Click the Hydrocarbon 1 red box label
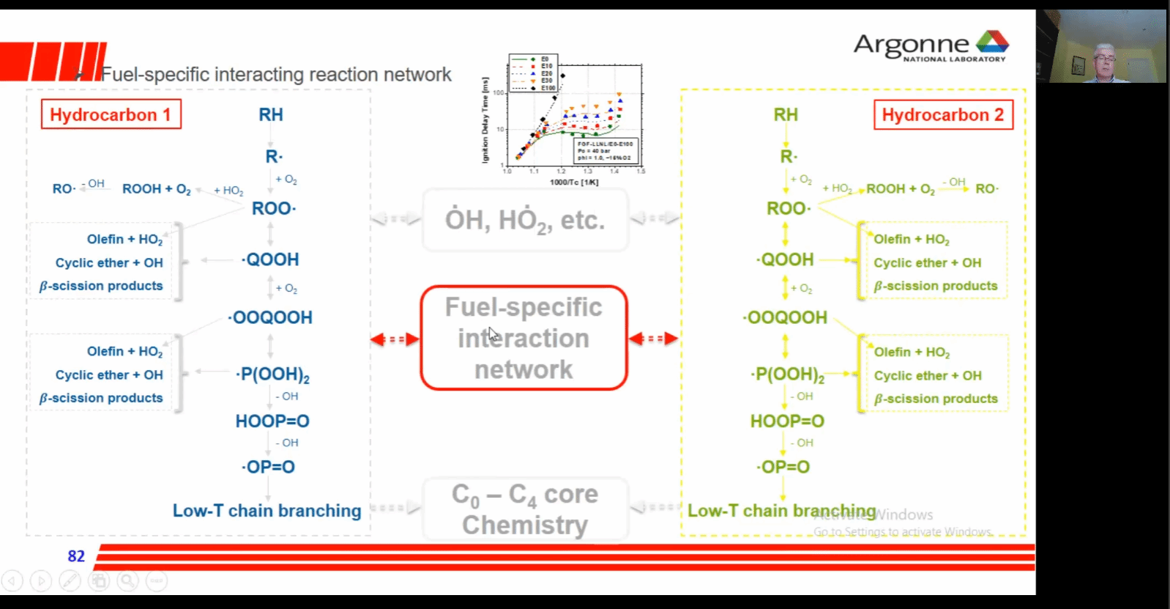pos(111,114)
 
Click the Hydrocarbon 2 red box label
pos(943,115)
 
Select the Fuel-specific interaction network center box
pos(524,338)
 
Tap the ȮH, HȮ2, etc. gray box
pos(525,220)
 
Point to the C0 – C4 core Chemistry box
pos(525,509)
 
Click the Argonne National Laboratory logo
pos(931,46)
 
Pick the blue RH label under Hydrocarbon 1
pos(271,115)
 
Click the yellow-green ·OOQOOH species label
pos(785,317)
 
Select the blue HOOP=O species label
pos(272,421)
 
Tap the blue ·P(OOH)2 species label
pos(272,374)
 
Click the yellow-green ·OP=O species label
pos(783,468)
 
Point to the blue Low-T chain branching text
pos(267,511)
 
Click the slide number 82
pos(76,556)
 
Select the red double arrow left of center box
pos(395,339)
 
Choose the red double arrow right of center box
pos(653,339)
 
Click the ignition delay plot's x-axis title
pos(574,182)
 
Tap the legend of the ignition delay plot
pos(534,73)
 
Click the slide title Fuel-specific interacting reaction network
pos(276,75)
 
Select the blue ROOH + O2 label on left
pos(156,189)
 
